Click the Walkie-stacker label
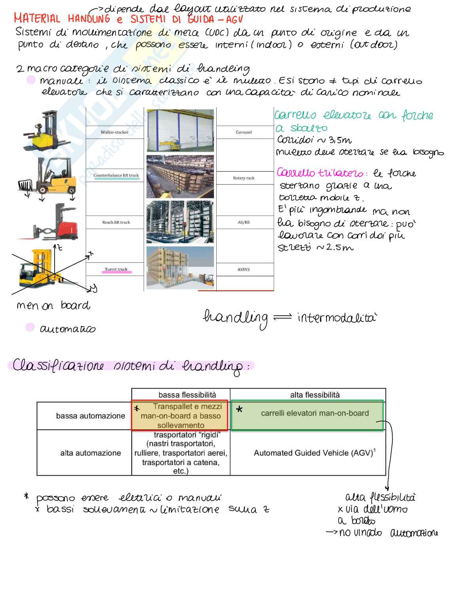(x=114, y=132)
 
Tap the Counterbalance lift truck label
(x=116, y=175)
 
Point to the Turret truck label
(x=116, y=270)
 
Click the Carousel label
(x=244, y=132)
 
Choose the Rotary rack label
(x=244, y=178)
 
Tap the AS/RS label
(x=244, y=222)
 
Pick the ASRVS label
(x=244, y=270)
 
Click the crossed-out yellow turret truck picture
(x=40, y=269)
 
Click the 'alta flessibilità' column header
(x=314, y=395)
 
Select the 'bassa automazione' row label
(x=90, y=416)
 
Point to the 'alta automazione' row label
(x=90, y=453)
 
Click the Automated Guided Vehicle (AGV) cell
(x=314, y=453)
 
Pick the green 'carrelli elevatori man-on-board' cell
(x=314, y=414)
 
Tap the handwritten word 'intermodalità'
(x=337, y=318)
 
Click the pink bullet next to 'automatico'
(x=30, y=327)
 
